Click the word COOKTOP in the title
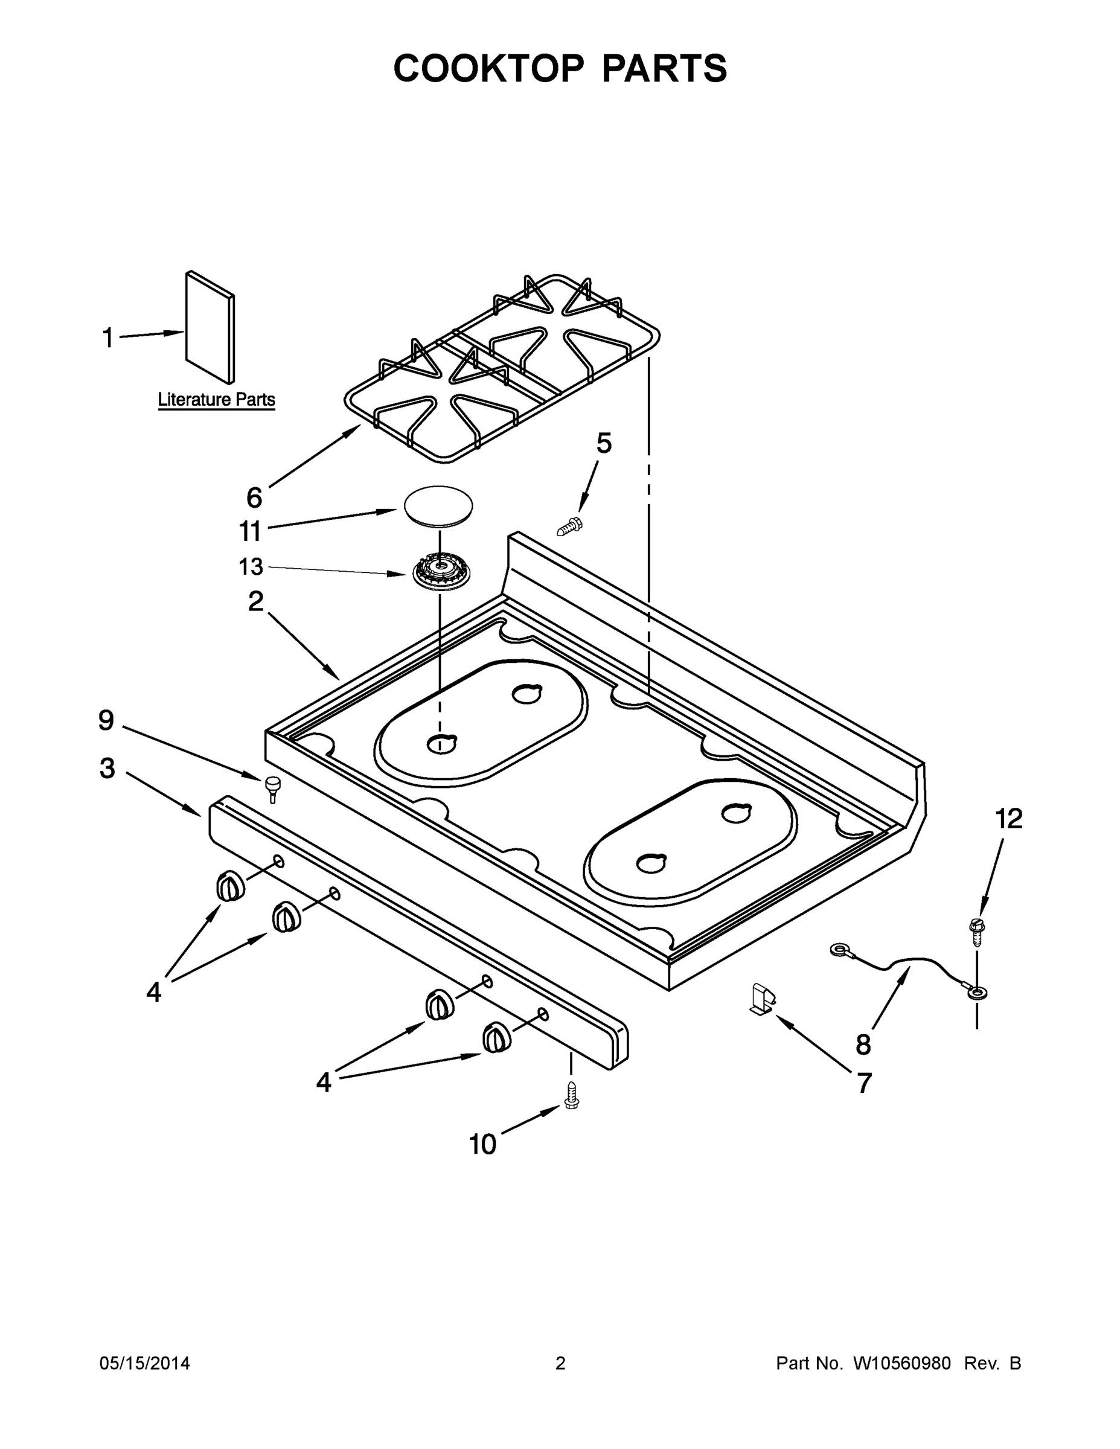[x=489, y=68]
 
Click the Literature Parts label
[x=216, y=400]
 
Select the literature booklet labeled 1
[x=210, y=327]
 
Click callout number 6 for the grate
[x=254, y=497]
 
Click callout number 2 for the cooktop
[x=256, y=602]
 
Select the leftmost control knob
[x=229, y=886]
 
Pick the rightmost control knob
[x=496, y=1037]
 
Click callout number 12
[x=1008, y=819]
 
